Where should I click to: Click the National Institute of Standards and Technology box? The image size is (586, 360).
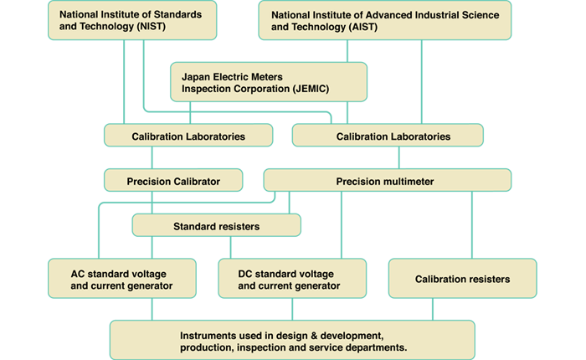click(132, 20)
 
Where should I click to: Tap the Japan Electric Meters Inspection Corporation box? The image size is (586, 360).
click(268, 81)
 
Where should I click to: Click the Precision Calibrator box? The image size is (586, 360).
click(173, 179)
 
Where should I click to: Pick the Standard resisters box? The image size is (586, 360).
click(216, 225)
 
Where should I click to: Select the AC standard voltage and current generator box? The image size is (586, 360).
click(122, 279)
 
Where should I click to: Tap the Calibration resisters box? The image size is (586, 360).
click(462, 278)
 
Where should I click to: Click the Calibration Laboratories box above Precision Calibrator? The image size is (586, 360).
click(188, 135)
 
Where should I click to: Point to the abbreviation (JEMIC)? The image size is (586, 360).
click(343, 88)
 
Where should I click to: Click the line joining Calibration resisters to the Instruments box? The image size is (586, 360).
click(433, 309)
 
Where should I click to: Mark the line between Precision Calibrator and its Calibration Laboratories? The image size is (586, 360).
click(152, 157)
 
